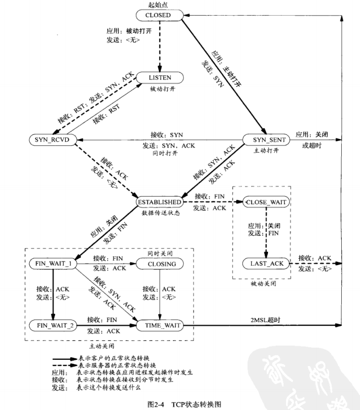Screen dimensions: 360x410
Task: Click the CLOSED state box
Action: (159, 15)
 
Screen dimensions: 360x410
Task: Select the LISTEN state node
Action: (160, 77)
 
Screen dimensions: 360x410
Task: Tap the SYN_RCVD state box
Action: (52, 140)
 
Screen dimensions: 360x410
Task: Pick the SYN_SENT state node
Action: (266, 140)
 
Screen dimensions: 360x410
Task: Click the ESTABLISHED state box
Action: (159, 202)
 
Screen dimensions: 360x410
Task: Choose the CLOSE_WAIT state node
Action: (266, 202)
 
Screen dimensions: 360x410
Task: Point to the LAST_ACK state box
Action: (266, 264)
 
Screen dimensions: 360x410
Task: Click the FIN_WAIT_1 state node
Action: (53, 264)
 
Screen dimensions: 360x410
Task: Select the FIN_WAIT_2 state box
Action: (53, 325)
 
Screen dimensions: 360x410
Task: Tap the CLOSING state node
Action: (160, 264)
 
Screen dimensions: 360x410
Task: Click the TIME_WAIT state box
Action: (160, 325)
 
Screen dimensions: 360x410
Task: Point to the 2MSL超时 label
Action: (265, 320)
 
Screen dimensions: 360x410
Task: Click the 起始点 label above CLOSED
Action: (158, 4)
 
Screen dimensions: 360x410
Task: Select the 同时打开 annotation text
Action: (165, 153)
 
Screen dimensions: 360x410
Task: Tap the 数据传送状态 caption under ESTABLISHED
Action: (161, 213)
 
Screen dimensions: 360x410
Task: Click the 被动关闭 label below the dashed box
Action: (263, 283)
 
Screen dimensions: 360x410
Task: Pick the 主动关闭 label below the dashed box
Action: (101, 346)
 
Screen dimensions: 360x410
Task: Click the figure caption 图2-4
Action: (156, 404)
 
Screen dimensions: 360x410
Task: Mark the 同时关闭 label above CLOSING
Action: (160, 253)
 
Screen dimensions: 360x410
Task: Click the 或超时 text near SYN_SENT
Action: (311, 145)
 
